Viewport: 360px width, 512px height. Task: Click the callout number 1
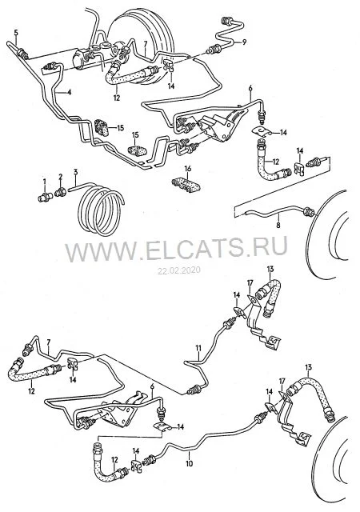[x=45, y=181]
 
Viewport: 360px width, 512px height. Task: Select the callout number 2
[x=61, y=177]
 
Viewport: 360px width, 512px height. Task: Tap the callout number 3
[x=75, y=172]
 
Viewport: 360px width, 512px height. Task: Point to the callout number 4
[x=69, y=93]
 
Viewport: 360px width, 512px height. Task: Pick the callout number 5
[x=16, y=32]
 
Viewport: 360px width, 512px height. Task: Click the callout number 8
[x=278, y=225]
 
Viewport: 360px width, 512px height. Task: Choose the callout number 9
[x=244, y=42]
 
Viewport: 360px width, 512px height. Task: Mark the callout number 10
[x=190, y=463]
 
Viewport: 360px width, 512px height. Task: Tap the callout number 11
[x=198, y=349]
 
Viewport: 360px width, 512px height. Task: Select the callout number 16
[x=187, y=169]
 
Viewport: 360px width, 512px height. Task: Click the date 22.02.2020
[x=179, y=270]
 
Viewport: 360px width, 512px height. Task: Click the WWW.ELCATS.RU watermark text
[x=176, y=248]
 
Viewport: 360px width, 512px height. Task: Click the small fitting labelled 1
[x=45, y=197]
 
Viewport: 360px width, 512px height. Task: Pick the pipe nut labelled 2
[x=61, y=192]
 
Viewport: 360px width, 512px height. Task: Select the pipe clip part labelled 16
[x=186, y=186]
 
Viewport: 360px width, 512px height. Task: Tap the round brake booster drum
[x=141, y=46]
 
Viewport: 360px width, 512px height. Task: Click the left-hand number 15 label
[x=121, y=127]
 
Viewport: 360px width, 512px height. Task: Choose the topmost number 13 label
[x=270, y=269]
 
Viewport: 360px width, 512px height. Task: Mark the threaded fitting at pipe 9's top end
[x=226, y=20]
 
